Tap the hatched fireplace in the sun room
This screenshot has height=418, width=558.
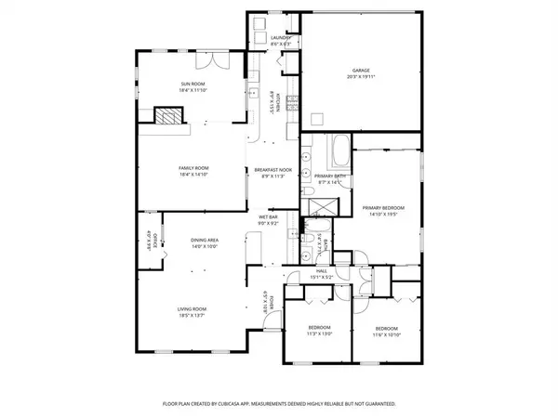coord(168,115)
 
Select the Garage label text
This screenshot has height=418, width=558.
coord(361,71)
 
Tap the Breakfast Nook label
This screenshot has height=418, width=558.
coord(273,169)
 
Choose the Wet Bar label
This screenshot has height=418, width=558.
coord(268,218)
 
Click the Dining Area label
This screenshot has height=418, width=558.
coord(205,242)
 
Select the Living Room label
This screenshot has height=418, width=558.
coord(193,308)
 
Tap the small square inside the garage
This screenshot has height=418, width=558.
coord(318,118)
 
